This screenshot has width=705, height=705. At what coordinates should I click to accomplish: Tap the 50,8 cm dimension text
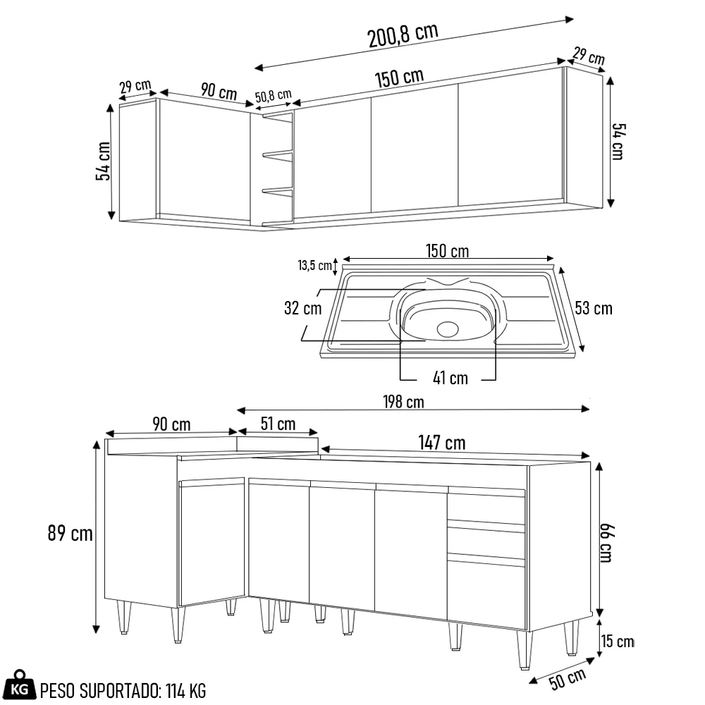pyautogui.click(x=274, y=97)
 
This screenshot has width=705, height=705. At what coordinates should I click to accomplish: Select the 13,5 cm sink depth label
pyautogui.click(x=314, y=266)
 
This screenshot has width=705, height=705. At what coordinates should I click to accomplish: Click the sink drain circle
pyautogui.click(x=448, y=329)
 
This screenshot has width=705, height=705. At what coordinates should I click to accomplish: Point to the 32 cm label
pyautogui.click(x=303, y=308)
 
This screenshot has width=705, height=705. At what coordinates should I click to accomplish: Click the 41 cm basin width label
pyautogui.click(x=450, y=379)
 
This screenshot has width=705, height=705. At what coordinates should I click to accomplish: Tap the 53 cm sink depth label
pyautogui.click(x=594, y=308)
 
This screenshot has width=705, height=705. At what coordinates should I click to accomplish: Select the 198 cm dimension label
pyautogui.click(x=404, y=402)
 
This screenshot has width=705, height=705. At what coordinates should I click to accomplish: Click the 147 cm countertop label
pyautogui.click(x=442, y=443)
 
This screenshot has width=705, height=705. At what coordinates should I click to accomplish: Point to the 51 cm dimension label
pyautogui.click(x=278, y=424)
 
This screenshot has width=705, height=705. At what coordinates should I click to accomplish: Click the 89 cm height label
pyautogui.click(x=70, y=534)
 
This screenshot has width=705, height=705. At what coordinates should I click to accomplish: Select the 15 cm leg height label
pyautogui.click(x=618, y=642)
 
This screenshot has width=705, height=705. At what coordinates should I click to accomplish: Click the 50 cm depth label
pyautogui.click(x=568, y=680)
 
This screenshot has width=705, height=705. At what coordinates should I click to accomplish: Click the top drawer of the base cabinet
pyautogui.click(x=486, y=508)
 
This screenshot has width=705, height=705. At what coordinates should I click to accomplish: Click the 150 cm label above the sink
pyautogui.click(x=447, y=251)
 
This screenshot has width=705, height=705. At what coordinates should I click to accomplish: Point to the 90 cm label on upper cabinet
pyautogui.click(x=219, y=91)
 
